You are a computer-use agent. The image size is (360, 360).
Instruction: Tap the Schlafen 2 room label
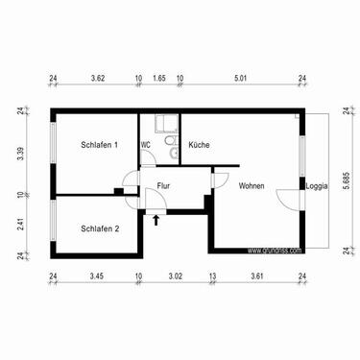(x=100, y=228)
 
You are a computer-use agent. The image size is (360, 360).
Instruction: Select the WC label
(x=146, y=145)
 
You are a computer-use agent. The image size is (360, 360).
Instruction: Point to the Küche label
(x=199, y=145)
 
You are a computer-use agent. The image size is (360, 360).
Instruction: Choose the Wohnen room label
(x=252, y=186)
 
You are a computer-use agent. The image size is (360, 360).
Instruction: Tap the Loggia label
(x=315, y=185)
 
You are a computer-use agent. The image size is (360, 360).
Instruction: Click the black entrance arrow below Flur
(x=156, y=221)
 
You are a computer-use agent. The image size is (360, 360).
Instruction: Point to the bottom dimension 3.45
(x=96, y=276)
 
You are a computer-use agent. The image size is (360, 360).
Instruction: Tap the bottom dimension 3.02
(x=175, y=276)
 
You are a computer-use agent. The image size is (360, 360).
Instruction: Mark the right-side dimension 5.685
(x=345, y=181)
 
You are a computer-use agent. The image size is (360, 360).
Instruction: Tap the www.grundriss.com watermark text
(x=275, y=251)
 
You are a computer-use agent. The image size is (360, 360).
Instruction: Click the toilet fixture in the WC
(x=170, y=145)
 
